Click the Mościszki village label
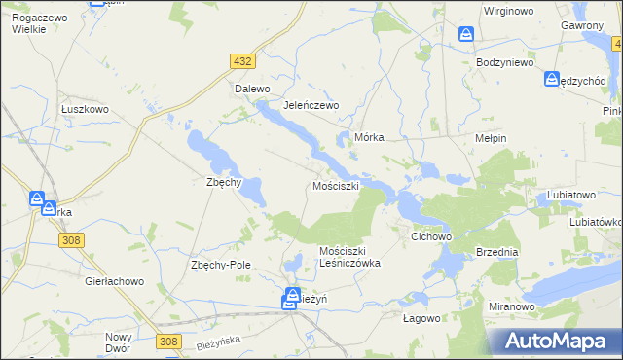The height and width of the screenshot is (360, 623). coord(336,185)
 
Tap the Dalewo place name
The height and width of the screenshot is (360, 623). coord(251,89)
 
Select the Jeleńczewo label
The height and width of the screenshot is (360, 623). coord(310,105)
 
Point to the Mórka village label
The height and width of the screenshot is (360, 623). coord(371,138)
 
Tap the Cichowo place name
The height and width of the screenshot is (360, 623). coord(433,236)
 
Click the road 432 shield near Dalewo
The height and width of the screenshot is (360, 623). coord(243,61)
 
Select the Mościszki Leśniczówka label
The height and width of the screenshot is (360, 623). coord(349,257)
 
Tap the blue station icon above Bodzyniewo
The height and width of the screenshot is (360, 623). coord(467,35)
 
